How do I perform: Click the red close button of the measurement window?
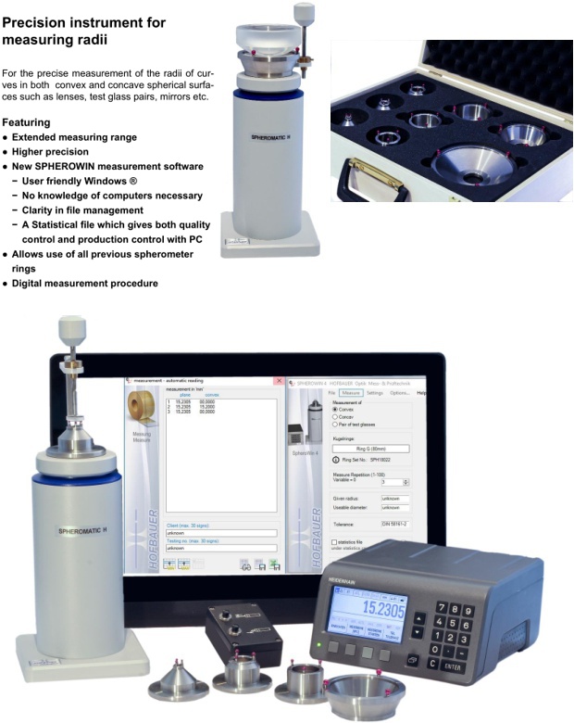[x=279, y=381]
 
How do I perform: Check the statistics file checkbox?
[x=334, y=541]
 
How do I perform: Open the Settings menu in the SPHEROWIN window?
[x=375, y=393]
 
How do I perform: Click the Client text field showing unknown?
[x=219, y=533]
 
